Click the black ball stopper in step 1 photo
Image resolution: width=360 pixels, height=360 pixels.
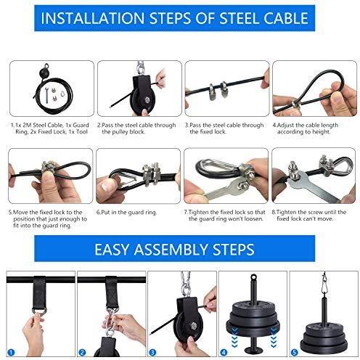click(44, 73)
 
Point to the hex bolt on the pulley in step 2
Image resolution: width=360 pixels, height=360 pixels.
click(147, 100)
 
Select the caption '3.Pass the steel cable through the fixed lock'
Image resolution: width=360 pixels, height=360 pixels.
click(224, 128)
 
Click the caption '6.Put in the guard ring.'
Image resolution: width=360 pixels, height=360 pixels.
click(126, 213)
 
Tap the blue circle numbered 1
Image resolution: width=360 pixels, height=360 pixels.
click(11, 352)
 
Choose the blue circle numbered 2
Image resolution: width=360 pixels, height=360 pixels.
click(82, 352)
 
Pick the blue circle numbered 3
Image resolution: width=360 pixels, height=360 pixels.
click(152, 352)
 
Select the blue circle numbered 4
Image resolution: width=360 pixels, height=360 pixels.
click(224, 352)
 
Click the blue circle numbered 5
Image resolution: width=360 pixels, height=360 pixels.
click(294, 352)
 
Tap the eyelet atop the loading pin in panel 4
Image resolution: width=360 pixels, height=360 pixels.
click(253, 277)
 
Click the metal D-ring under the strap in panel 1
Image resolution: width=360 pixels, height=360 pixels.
click(39, 311)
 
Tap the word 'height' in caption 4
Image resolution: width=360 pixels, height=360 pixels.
click(321, 132)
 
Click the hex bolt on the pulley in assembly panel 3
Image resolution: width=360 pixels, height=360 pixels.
click(193, 326)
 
